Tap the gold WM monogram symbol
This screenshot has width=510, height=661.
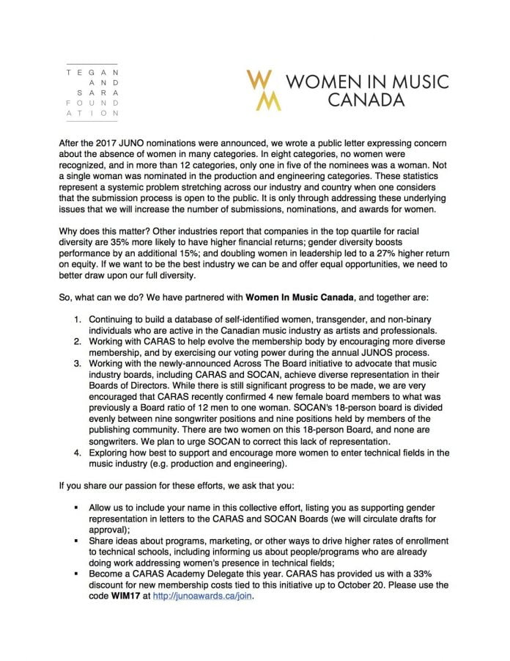(263, 89)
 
